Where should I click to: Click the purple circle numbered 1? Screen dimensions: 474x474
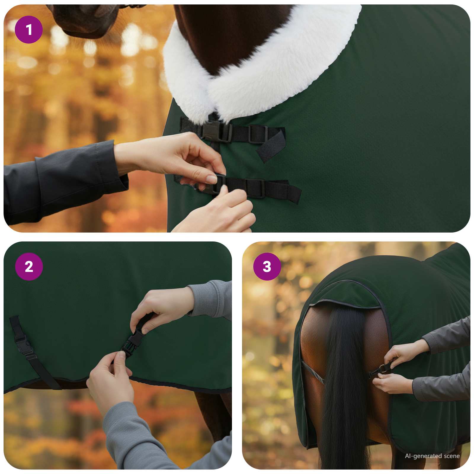pos(29,30)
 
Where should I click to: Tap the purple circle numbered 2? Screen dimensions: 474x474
pos(29,267)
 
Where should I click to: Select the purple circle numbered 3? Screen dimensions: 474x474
pos(267,267)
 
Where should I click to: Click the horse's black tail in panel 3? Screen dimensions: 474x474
pos(344,385)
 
